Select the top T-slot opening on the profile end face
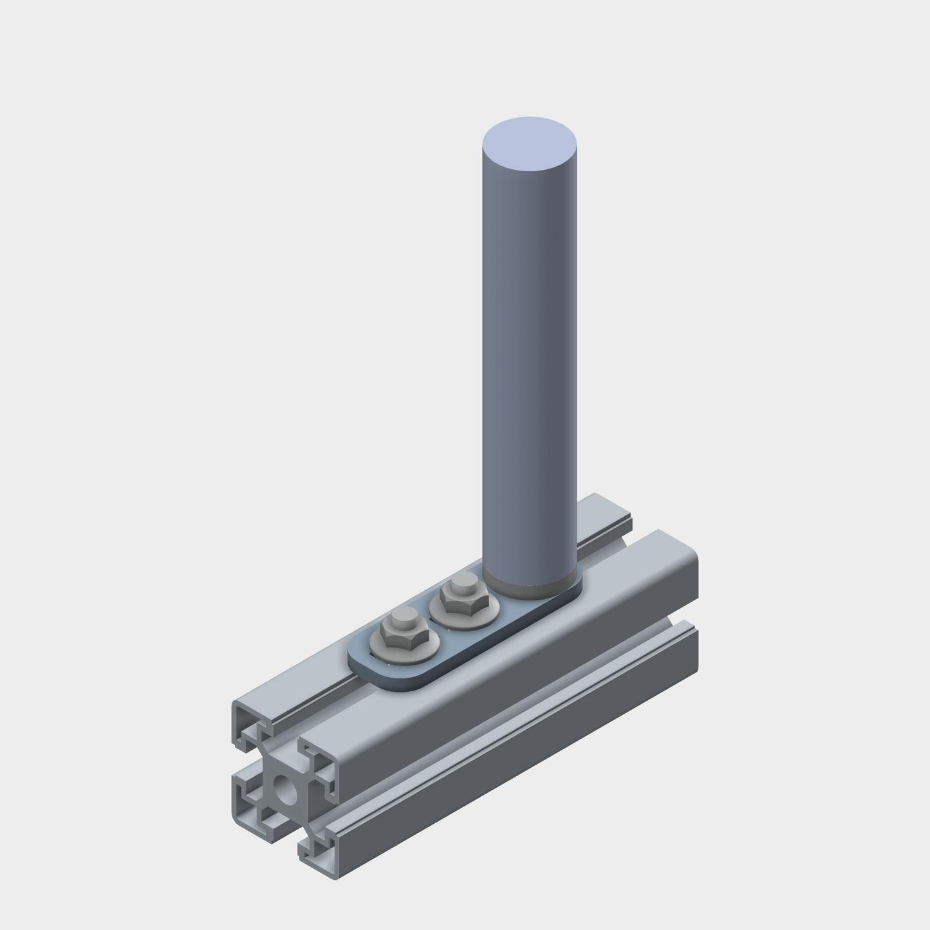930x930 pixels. click(283, 740)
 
